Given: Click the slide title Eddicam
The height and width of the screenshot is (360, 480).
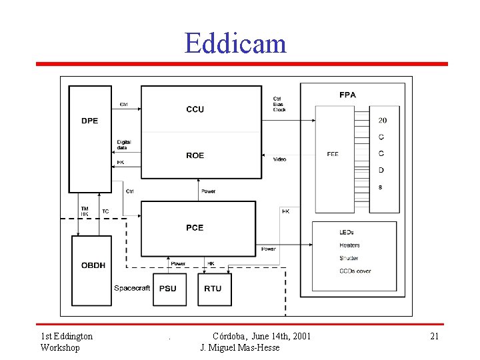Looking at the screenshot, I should point(235,43).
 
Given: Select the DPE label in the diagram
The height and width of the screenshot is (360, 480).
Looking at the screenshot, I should point(90,121).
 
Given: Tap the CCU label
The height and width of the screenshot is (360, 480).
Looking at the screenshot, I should point(195,109).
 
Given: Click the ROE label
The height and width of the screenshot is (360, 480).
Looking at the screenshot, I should point(195,155).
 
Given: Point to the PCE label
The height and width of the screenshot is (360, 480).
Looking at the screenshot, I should point(195,227).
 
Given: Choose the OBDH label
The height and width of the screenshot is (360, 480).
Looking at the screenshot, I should point(93,265).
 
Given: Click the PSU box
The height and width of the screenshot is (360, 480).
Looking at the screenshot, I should point(169,289).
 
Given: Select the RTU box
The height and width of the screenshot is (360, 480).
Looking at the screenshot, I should point(213,289).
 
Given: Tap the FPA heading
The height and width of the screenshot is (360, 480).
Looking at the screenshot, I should point(347,95).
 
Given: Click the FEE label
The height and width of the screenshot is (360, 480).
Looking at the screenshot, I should point(332,154).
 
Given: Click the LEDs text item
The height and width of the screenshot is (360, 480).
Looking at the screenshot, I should point(347,232).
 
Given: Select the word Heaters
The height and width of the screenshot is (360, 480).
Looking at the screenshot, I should point(349,245).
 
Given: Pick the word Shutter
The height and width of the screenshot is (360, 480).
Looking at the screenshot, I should point(349,258).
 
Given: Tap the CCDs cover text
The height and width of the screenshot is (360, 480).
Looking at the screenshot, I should point(355,271).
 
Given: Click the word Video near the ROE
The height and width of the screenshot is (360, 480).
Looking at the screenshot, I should point(279,159).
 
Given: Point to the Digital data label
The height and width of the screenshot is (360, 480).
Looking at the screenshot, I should point(124,145).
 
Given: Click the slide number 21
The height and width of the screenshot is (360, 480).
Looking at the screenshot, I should point(434,336).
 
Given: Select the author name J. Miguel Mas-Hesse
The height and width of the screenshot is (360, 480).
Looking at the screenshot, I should point(240,347).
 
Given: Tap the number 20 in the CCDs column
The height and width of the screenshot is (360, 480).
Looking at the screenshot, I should point(382,121).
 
